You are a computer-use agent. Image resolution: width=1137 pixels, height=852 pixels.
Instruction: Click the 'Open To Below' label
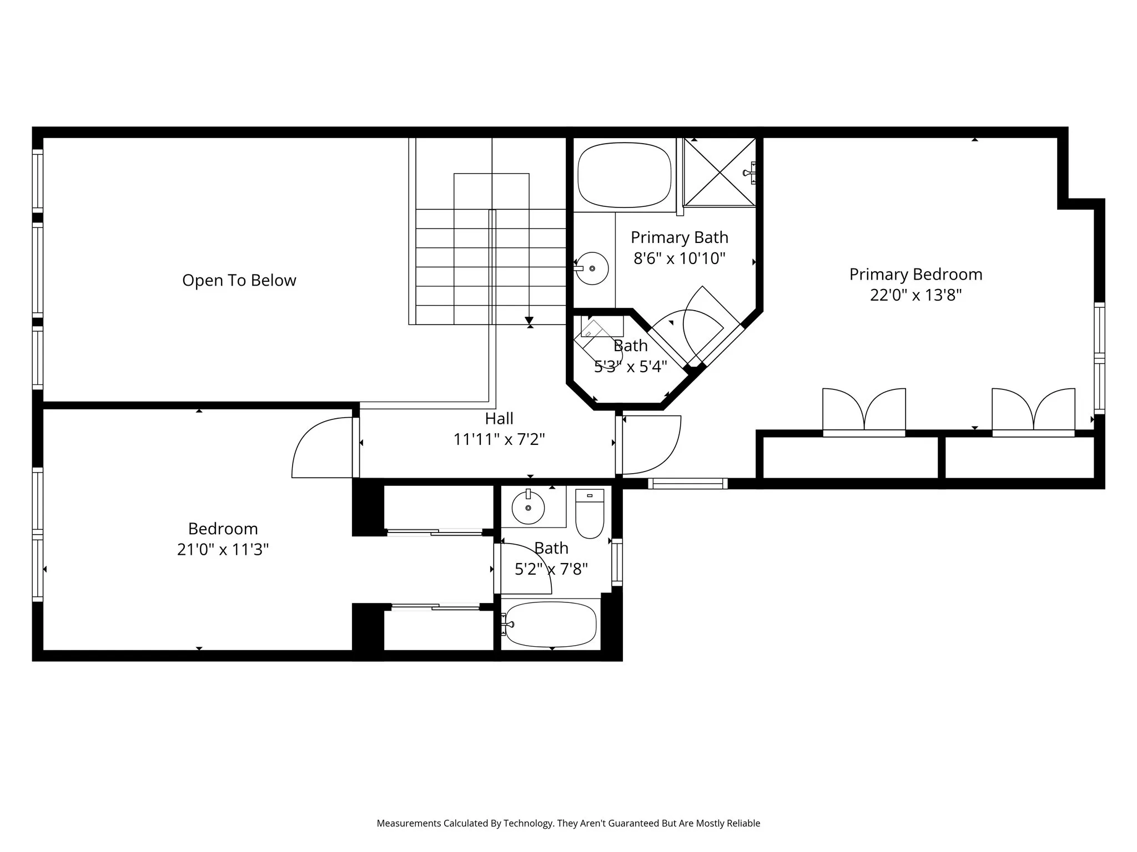(239, 280)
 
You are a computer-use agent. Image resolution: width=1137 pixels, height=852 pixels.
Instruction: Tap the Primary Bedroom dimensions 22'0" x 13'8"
(915, 295)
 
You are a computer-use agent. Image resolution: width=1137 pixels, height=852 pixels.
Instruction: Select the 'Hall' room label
(499, 418)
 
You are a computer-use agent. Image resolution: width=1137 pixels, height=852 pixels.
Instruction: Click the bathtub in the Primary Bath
(623, 175)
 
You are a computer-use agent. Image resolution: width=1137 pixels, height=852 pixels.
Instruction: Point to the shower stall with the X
(720, 172)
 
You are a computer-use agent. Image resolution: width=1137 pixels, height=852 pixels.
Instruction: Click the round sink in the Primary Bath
(592, 268)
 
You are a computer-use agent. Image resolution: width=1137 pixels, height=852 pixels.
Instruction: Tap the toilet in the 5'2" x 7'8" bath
(589, 514)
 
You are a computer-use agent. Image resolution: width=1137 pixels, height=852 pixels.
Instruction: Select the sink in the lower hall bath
(528, 508)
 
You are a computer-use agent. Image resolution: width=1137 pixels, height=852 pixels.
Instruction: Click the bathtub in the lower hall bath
(551, 625)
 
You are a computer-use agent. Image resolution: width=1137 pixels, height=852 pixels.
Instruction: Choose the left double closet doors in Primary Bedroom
(864, 410)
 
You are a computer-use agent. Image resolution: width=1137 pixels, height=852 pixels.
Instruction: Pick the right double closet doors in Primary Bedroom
(1033, 410)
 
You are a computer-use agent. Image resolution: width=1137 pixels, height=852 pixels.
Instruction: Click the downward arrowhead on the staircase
(529, 321)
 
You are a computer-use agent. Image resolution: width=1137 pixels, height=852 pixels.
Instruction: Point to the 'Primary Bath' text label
(679, 237)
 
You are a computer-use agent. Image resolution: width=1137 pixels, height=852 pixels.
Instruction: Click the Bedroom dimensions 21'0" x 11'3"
(223, 549)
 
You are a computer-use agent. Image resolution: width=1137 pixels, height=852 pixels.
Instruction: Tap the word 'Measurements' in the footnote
(409, 823)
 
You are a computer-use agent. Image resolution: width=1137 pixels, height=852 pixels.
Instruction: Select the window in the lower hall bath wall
(617, 562)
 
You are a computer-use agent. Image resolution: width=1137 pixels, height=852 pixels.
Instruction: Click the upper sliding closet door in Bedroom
(435, 532)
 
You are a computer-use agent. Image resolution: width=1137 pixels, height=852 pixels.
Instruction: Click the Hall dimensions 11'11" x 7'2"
(499, 439)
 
